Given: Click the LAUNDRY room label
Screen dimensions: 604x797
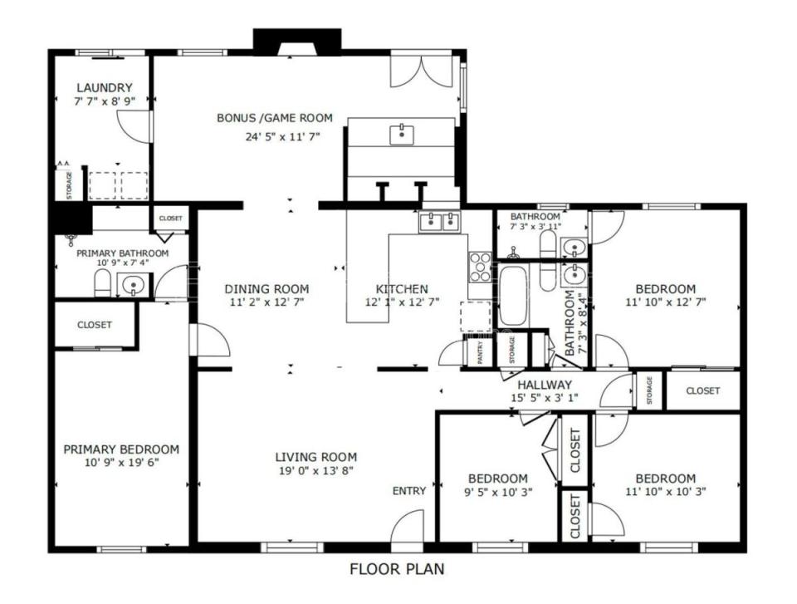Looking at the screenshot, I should click(104, 87).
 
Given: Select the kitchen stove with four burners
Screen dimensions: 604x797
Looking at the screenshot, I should click(481, 266).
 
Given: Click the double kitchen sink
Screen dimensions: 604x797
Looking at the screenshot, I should click(440, 221).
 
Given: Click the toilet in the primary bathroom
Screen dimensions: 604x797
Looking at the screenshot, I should click(103, 285).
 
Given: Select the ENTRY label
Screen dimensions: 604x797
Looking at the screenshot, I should click(408, 491).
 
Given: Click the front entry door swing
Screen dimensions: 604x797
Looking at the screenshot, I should click(408, 526).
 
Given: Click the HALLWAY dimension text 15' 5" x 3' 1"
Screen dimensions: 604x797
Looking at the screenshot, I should click(545, 399).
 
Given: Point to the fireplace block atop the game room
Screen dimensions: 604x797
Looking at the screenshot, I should click(296, 41).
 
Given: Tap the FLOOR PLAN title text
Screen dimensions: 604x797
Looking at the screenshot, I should click(397, 570).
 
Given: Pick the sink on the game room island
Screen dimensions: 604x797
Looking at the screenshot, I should click(401, 132).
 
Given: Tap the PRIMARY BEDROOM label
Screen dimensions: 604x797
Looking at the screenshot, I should click(121, 449).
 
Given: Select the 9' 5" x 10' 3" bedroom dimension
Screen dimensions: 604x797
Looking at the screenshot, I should click(497, 492).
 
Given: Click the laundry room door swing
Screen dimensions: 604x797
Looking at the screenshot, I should click(134, 125).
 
